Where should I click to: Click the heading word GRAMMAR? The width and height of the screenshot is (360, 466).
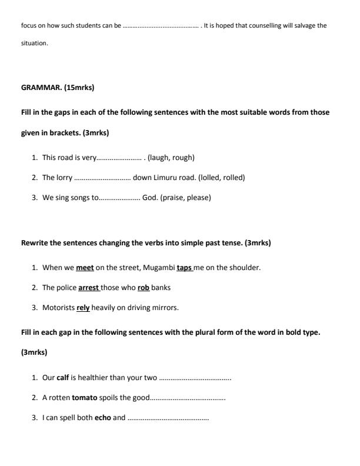click(x=41, y=88)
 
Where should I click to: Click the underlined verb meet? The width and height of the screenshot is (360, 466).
click(x=85, y=268)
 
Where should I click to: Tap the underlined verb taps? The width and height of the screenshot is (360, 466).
click(x=184, y=268)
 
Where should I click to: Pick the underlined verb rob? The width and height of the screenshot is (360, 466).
click(x=144, y=288)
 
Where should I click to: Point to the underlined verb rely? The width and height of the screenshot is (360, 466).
click(x=83, y=308)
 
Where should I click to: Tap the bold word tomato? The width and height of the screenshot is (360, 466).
click(x=85, y=398)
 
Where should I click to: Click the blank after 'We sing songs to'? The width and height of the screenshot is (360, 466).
click(x=119, y=198)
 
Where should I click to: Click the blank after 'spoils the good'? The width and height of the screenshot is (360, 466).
click(x=188, y=398)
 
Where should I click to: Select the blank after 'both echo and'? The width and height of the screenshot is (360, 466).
click(x=168, y=418)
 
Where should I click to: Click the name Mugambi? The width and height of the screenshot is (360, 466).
click(x=159, y=268)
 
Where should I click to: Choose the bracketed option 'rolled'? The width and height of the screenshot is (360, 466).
click(x=232, y=178)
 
